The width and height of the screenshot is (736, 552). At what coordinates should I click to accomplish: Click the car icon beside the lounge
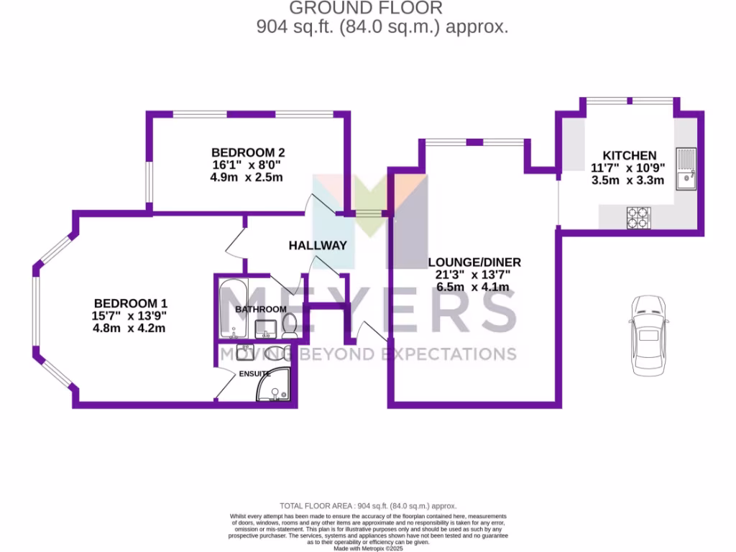pyautogui.click(x=649, y=335)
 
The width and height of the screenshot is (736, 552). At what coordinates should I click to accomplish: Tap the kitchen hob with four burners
pyautogui.click(x=638, y=217)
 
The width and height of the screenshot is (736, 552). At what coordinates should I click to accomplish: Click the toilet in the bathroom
pyautogui.click(x=290, y=326)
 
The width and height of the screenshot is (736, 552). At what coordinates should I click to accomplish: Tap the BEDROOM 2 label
pyautogui.click(x=248, y=152)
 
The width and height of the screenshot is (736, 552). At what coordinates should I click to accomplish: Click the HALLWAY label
pyautogui.click(x=318, y=245)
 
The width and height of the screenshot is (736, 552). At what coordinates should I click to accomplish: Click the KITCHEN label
pyautogui.click(x=629, y=155)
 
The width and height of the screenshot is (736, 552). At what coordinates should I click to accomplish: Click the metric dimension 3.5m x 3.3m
pyautogui.click(x=627, y=180)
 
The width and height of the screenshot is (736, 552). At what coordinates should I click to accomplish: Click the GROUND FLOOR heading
pyautogui.click(x=366, y=8)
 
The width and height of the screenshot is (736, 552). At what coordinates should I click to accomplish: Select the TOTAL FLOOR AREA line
pyautogui.click(x=368, y=506)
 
